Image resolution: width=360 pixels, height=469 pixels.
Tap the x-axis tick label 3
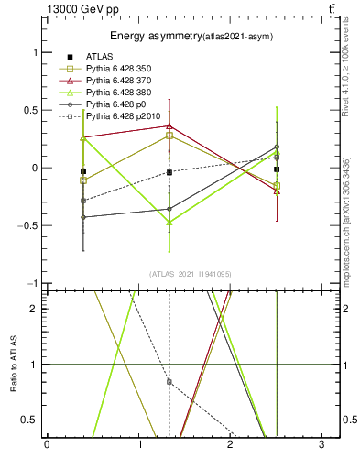pos(322,445)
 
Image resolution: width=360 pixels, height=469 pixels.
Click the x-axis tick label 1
pos(138,445)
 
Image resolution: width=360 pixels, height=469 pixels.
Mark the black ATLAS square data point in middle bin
pos(169,172)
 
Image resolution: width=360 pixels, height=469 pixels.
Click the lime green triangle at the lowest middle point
pos(169,222)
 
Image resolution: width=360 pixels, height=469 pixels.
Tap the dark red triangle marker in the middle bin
pos(169,125)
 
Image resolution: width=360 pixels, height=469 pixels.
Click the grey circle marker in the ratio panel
pos(169,381)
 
